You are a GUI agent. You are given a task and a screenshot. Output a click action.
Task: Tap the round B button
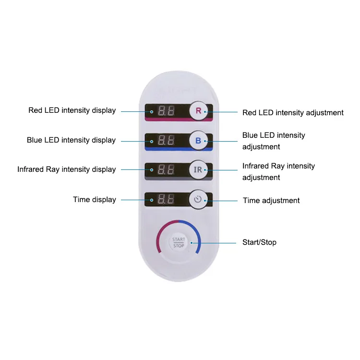198,141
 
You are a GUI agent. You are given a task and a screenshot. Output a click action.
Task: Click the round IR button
198,170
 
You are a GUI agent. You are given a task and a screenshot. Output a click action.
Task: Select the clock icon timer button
198,200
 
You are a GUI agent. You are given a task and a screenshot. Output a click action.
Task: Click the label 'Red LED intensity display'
72,110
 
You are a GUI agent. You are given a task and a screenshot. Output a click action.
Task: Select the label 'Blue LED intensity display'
71,140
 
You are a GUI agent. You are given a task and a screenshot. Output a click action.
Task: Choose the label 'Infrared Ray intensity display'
66,169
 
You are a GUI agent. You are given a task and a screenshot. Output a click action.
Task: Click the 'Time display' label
94,200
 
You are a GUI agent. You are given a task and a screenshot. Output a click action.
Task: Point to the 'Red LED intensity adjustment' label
293,113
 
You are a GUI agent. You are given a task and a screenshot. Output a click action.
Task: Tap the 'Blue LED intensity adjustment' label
274,141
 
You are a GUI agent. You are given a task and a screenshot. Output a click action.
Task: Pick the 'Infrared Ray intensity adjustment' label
278,171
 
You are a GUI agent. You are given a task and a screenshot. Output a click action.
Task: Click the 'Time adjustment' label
271,201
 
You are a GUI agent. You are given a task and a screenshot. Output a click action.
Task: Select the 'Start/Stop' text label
259,242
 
